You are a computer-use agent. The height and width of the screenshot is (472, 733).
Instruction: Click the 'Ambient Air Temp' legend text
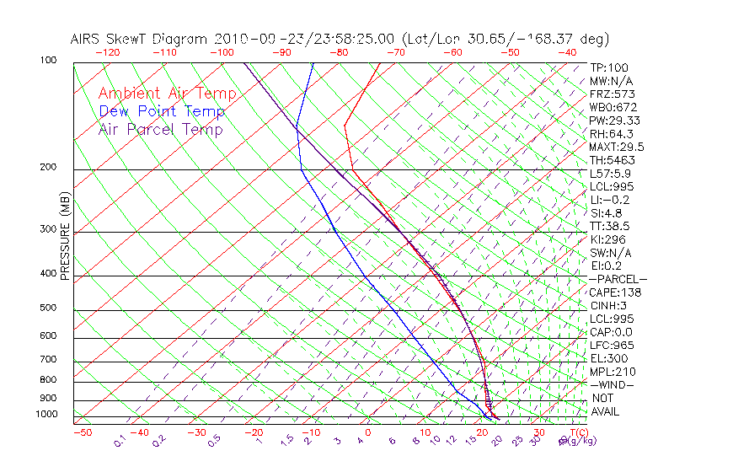tap(167, 94)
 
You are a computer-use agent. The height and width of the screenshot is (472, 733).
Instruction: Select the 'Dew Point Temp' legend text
tap(162, 111)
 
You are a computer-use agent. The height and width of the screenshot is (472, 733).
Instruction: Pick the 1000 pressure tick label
tap(47, 414)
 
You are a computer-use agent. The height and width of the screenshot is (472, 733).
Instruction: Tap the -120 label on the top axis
tap(108, 52)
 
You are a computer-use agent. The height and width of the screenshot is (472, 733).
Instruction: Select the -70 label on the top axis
tap(395, 52)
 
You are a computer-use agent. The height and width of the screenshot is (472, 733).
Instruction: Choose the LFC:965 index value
tap(613, 346)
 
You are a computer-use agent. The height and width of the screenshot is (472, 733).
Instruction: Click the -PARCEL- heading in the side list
tap(618, 279)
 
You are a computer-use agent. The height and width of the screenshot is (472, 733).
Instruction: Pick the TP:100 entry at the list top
tap(609, 67)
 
